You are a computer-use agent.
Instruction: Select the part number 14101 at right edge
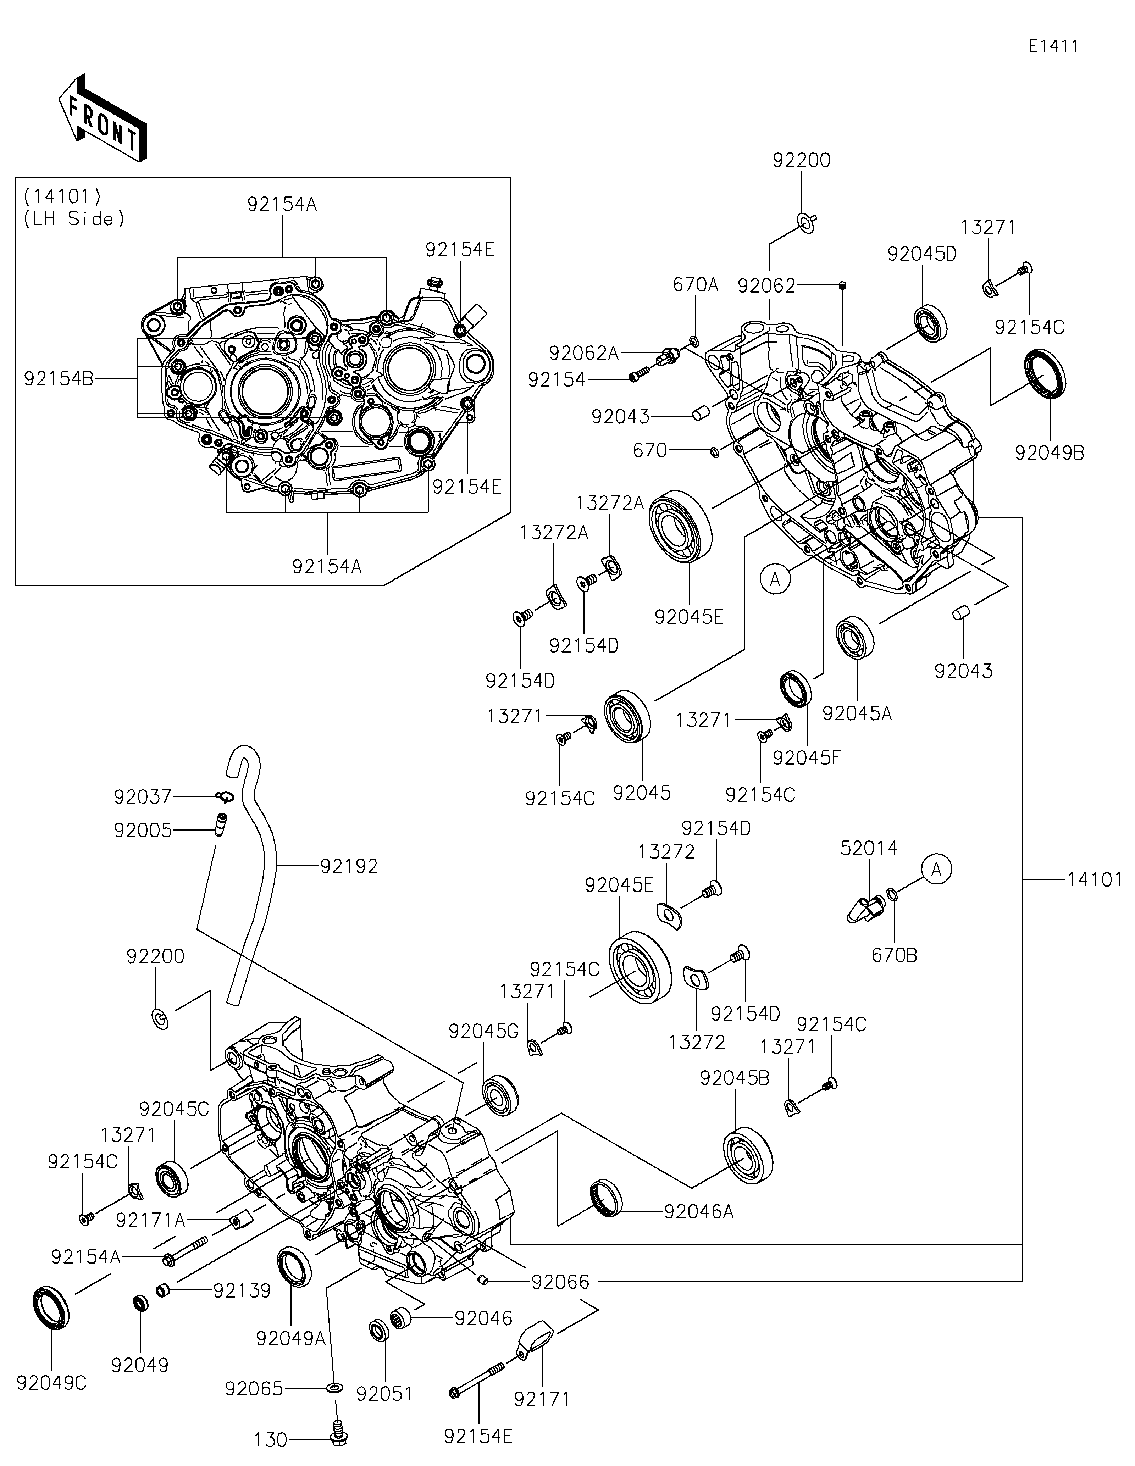(x=1094, y=879)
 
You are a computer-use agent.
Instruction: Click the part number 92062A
(x=583, y=353)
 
